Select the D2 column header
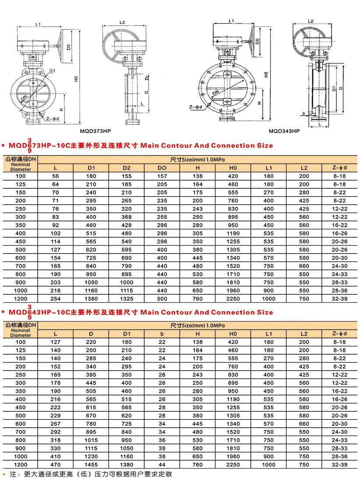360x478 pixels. [127, 168]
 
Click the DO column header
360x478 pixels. [162, 168]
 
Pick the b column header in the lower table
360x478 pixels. [162, 334]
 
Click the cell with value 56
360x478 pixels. [56, 176]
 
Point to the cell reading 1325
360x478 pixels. [127, 299]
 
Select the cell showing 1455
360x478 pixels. [91, 464]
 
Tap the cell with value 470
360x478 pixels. [56, 464]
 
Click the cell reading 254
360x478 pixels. [56, 299]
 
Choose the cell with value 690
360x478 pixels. [127, 258]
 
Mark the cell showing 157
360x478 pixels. [162, 176]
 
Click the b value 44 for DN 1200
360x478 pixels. [162, 464]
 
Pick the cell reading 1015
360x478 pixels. [91, 440]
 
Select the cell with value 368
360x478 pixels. [127, 217]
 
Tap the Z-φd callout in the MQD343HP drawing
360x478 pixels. [195, 107]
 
